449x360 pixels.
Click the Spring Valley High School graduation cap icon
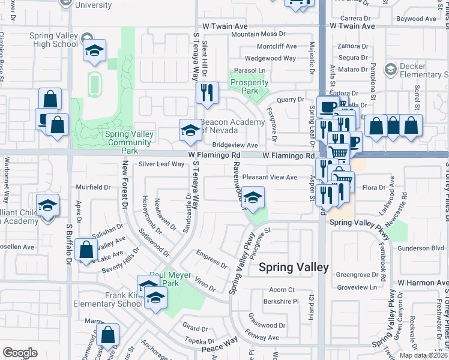(x=94, y=51)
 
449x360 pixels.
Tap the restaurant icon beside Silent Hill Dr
(x=207, y=93)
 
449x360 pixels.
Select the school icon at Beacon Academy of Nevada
(x=190, y=130)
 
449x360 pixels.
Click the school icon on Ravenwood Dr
(x=253, y=198)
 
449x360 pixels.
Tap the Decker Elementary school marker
(x=391, y=70)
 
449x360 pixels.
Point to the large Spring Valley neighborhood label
(x=294, y=268)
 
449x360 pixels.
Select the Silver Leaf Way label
(x=161, y=164)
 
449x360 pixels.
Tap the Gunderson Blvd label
(x=421, y=247)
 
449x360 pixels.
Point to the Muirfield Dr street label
(x=93, y=187)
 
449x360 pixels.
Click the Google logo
(x=20, y=353)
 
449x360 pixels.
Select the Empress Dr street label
(x=212, y=262)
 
